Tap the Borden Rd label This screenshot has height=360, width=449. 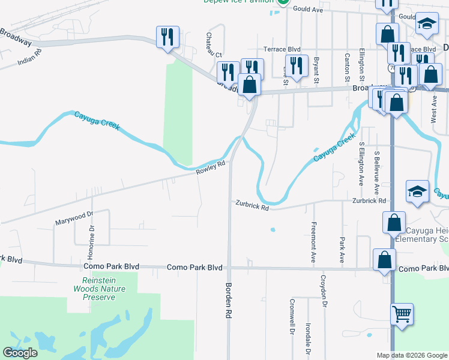228,300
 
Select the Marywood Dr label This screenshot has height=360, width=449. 76,217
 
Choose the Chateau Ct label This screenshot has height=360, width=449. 211,45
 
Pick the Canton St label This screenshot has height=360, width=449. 347,67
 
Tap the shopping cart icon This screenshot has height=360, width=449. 402,314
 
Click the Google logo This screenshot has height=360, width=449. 20,353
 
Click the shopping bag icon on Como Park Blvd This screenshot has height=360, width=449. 384,260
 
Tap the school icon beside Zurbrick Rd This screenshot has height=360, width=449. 417,191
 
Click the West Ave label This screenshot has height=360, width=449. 434,108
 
